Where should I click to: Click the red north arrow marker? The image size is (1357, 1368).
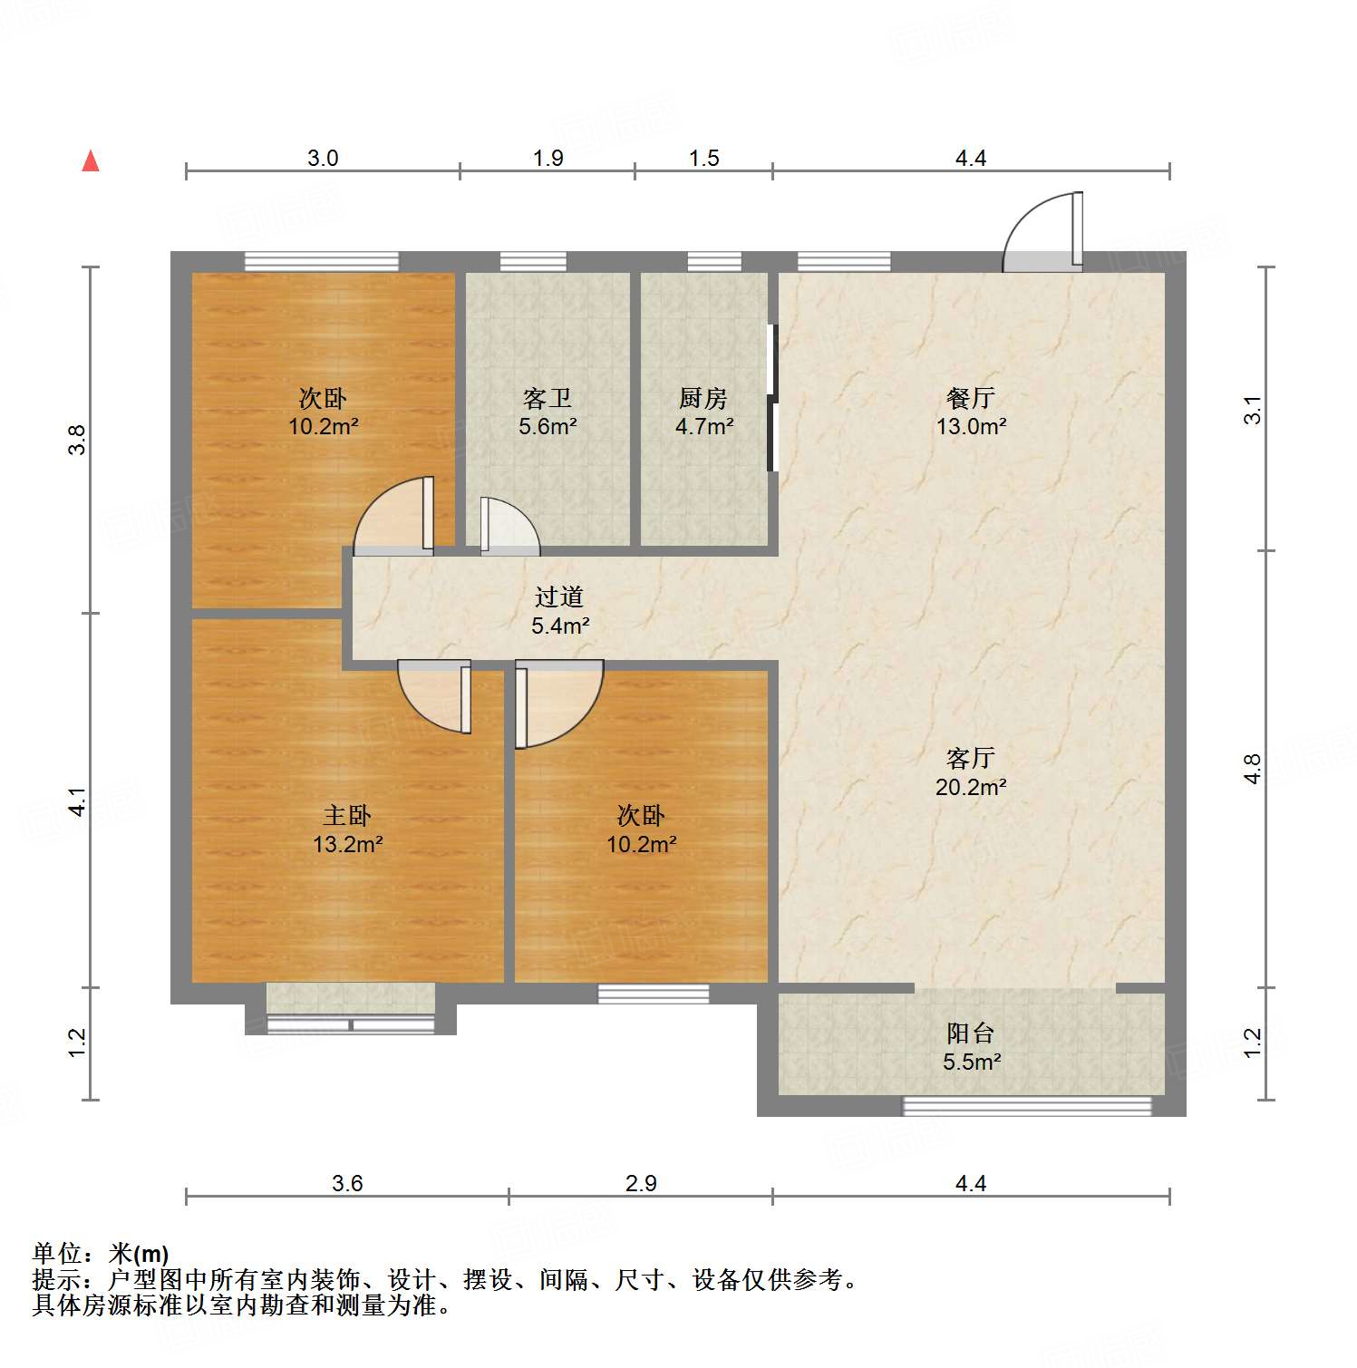coord(91,161)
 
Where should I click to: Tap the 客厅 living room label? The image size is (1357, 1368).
coord(970,758)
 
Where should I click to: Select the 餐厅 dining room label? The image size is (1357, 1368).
coord(970,397)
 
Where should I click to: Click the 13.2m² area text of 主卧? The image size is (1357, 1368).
coord(347,845)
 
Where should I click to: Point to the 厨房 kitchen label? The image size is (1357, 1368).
coord(703,397)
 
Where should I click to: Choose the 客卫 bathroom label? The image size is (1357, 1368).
coord(547,397)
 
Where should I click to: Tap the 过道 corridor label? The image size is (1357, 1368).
coord(558,597)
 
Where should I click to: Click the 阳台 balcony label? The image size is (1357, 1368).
coord(970,1033)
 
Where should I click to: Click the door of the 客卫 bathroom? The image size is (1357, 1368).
coord(508,528)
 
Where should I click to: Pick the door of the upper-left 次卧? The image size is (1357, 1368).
coord(394,517)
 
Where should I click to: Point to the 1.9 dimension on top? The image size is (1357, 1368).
coord(548,159)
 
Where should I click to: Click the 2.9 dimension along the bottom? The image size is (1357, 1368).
coord(640,1183)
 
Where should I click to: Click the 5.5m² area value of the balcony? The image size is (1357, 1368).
coord(971,1062)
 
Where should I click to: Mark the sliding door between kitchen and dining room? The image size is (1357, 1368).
coord(772,399)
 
